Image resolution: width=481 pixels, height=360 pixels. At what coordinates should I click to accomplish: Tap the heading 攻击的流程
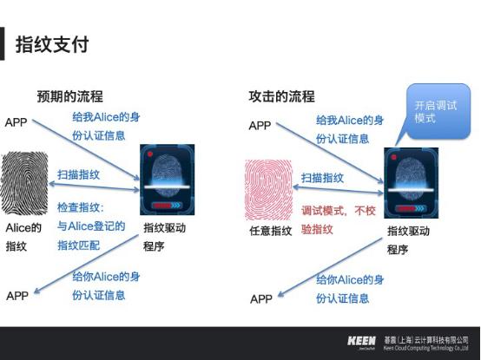(x=281, y=96)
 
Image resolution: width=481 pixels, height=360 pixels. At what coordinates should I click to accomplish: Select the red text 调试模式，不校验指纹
(x=342, y=219)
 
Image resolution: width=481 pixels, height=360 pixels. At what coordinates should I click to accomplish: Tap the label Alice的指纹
(x=23, y=237)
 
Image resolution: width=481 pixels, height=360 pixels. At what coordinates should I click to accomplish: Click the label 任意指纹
(x=270, y=231)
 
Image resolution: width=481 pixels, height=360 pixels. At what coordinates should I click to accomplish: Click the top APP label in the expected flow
(x=16, y=121)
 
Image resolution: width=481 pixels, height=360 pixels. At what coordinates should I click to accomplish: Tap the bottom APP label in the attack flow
(x=261, y=299)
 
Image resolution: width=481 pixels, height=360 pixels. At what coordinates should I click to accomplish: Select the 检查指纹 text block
(x=91, y=226)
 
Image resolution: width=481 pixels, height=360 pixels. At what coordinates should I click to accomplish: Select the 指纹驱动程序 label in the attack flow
(x=408, y=240)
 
